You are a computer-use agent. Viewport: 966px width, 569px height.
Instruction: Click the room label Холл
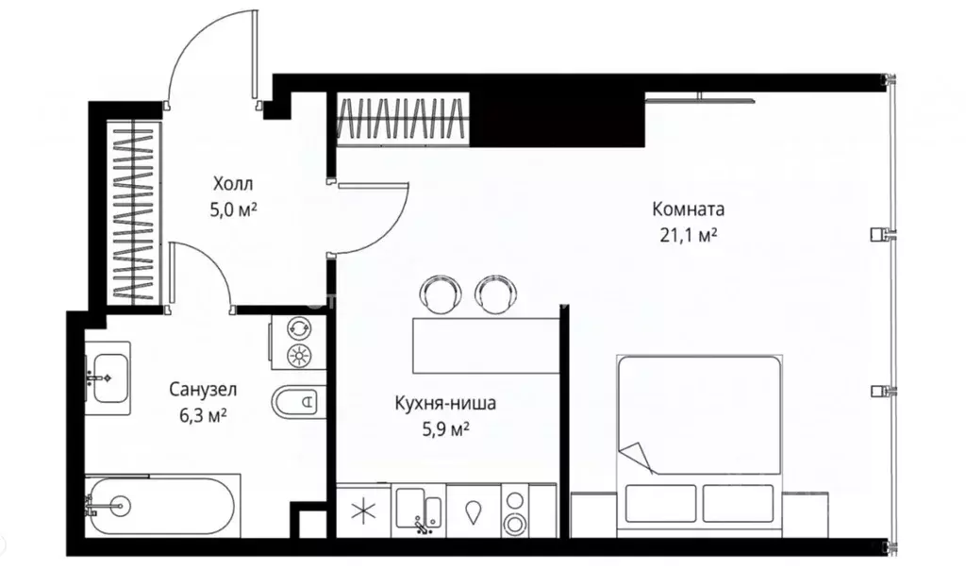233,183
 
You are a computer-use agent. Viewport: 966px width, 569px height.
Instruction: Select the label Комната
688,209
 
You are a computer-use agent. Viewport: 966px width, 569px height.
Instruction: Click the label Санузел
203,389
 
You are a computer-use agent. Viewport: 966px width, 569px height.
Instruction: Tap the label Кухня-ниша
445,405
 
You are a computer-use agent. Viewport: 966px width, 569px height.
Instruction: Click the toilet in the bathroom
296,402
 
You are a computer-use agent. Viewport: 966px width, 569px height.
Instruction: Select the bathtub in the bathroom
161,505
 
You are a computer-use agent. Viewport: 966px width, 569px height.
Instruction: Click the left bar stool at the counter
439,293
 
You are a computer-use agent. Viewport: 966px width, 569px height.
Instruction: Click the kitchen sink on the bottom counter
419,510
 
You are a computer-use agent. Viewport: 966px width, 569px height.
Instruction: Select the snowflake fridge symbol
362,512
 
